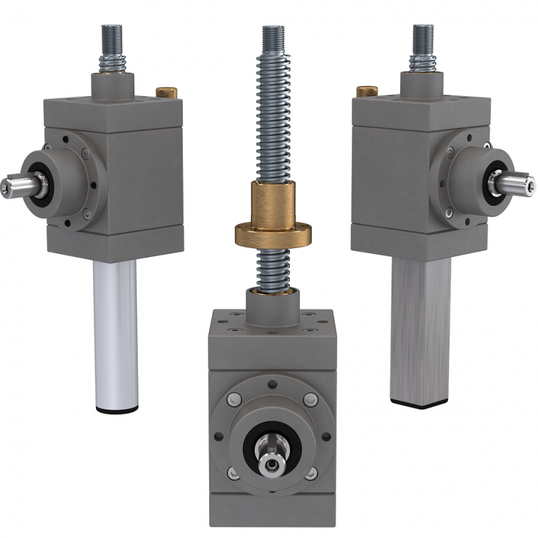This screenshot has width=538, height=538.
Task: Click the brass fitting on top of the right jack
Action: click(367, 91)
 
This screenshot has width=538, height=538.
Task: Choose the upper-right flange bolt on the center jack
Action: click(310, 400)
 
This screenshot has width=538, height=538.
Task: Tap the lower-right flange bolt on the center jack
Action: click(310, 474)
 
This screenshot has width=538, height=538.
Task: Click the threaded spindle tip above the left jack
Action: click(112, 34)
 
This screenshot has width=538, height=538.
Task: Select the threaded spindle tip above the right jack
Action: click(423, 34)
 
